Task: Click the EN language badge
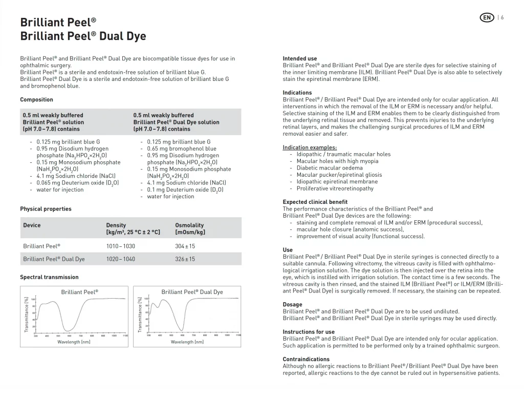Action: click(x=487, y=17)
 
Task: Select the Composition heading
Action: click(x=36, y=99)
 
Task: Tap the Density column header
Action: click(x=116, y=225)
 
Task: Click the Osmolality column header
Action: click(x=189, y=225)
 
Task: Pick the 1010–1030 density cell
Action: click(x=120, y=246)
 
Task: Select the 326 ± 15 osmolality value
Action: click(x=185, y=259)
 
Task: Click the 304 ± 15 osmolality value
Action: click(x=185, y=246)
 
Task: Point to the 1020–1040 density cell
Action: click(x=120, y=259)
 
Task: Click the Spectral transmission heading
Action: click(x=49, y=277)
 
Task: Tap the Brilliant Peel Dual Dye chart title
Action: click(x=192, y=292)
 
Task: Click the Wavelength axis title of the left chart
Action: click(x=74, y=342)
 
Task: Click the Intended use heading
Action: click(x=300, y=58)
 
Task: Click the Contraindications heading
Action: click(x=306, y=359)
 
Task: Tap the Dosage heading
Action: click(x=292, y=304)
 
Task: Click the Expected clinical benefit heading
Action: click(x=315, y=202)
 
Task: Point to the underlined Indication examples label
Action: click(x=310, y=148)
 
